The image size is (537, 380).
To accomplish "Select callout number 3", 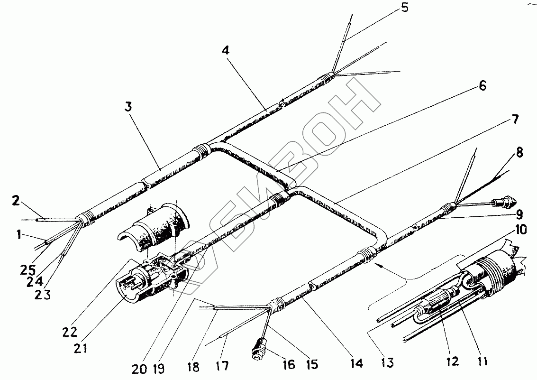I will click(x=128, y=106).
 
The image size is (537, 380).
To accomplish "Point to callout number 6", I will click(x=482, y=86).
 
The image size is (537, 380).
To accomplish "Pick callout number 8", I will click(x=519, y=153).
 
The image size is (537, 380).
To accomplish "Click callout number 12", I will click(x=452, y=362).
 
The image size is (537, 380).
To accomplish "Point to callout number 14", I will click(x=356, y=363).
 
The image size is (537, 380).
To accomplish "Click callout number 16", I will click(x=289, y=364).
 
